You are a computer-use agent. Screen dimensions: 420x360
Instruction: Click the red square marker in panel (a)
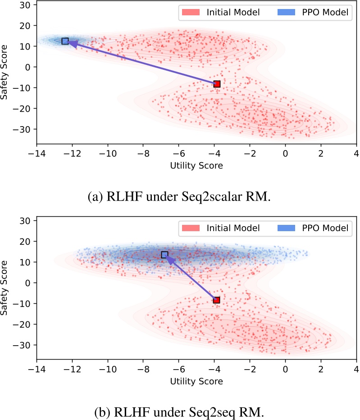point(217,84)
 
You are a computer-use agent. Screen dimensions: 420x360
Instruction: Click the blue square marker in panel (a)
point(65,41)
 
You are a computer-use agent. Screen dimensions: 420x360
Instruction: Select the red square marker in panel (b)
point(216,300)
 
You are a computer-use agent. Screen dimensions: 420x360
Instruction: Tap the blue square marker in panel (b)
point(165,255)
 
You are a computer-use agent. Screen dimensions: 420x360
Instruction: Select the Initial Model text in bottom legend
point(233,228)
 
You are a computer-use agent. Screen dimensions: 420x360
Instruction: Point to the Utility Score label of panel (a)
point(196,165)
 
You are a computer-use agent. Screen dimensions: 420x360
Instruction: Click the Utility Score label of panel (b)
point(196,381)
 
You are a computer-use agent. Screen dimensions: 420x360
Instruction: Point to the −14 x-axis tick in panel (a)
point(36,153)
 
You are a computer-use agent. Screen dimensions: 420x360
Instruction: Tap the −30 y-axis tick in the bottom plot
point(25,345)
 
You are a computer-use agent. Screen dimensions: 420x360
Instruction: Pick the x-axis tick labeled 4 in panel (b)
point(356,369)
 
